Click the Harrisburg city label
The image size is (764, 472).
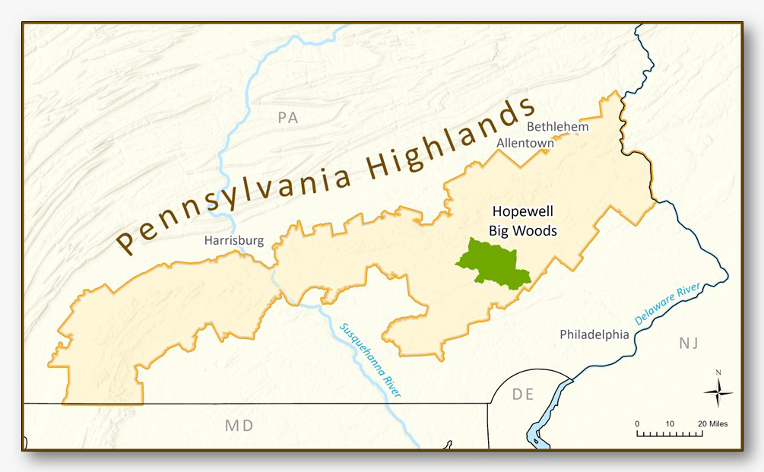tap(233, 241)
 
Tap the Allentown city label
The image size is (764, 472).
tap(526, 142)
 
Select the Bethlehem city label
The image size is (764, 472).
tap(557, 126)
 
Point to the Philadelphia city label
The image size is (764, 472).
tap(594, 334)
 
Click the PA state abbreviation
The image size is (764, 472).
tap(287, 118)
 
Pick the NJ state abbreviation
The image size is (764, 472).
tap(688, 344)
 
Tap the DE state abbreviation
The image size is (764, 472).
tap(523, 394)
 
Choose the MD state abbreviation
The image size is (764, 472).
tap(239, 425)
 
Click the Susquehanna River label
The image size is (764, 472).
tap(369, 360)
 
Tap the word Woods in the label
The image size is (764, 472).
tap(535, 230)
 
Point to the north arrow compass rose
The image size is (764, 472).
tap(718, 391)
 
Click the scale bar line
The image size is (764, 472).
tap(670, 434)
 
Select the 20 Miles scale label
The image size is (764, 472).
tap(715, 423)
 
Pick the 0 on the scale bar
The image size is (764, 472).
tap(637, 423)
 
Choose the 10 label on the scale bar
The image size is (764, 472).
tap(670, 423)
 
